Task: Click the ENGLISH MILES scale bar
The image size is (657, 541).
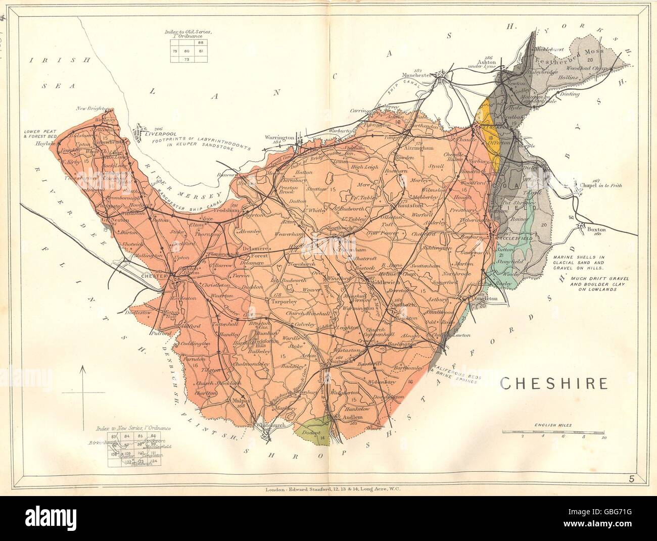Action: (x=554, y=432)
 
